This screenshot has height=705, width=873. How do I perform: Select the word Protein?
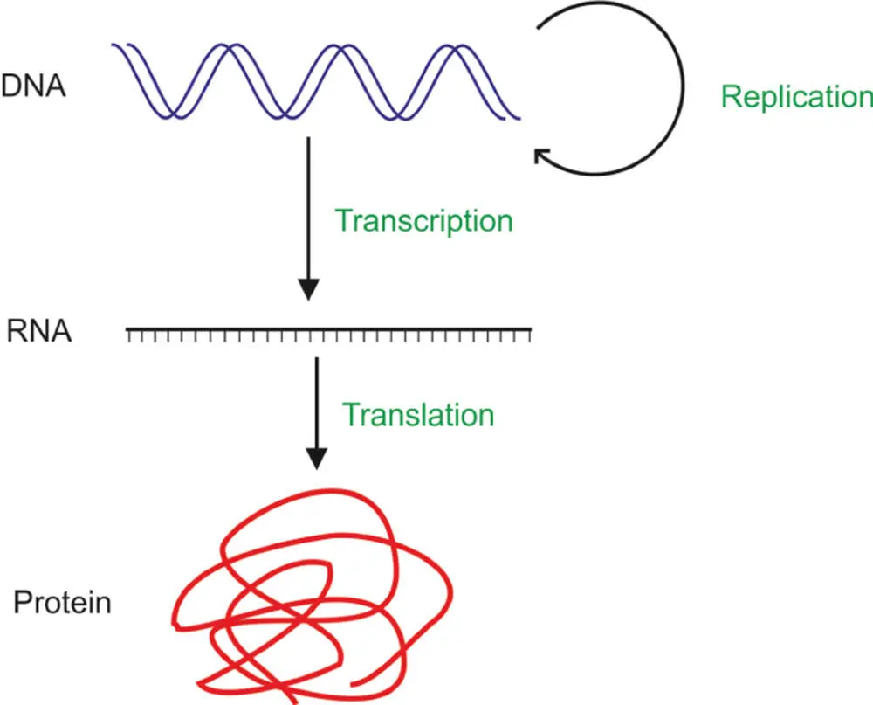[62, 603]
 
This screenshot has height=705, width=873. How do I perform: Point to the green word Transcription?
[424, 221]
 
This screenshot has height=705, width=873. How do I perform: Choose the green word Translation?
[418, 413]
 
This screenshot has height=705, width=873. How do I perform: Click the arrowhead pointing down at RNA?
[308, 289]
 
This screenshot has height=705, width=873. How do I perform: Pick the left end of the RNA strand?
[128, 330]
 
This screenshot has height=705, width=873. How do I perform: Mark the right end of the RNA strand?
[531, 330]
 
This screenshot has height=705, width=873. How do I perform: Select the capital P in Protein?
[21, 603]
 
